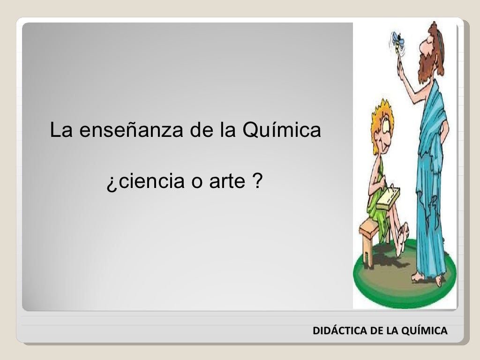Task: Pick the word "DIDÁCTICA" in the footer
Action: (x=340, y=331)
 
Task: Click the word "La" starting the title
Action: (x=60, y=131)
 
